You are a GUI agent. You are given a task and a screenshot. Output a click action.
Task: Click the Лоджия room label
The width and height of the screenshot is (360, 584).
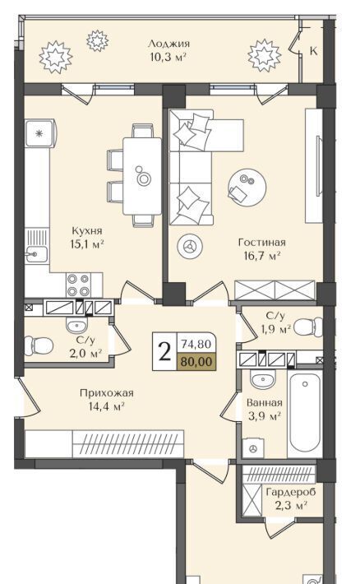pyautogui.click(x=168, y=44)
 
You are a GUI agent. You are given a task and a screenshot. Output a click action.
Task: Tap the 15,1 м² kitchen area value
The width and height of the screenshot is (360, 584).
pyautogui.click(x=87, y=244)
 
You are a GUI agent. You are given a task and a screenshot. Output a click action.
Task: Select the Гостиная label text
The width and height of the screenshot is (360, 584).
pyautogui.click(x=262, y=243)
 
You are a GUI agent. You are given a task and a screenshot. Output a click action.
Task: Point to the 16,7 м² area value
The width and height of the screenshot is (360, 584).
pyautogui.click(x=262, y=256)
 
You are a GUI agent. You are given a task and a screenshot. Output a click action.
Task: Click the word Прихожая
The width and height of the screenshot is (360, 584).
pyautogui.click(x=107, y=393)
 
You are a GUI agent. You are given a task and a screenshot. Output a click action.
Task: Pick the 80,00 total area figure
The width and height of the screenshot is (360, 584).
pyautogui.click(x=196, y=361)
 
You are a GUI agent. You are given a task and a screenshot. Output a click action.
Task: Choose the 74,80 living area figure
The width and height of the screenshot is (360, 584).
pyautogui.click(x=196, y=344)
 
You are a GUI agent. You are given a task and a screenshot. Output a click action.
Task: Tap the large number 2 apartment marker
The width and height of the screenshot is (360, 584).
pyautogui.click(x=164, y=351)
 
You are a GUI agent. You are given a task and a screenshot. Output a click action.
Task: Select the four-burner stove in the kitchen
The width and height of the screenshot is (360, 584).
pyautogui.click(x=79, y=285)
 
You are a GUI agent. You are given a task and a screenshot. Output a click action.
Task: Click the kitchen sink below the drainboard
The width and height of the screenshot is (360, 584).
pyautogui.click(x=36, y=254)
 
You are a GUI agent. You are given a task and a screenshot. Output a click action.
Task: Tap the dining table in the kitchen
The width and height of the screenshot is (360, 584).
pyautogui.click(x=142, y=176)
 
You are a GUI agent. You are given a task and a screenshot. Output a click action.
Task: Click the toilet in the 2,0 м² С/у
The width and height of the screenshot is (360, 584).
pyautogui.click(x=39, y=346)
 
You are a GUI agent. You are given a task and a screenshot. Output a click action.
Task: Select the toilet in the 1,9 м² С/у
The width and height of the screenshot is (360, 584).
pyautogui.click(x=308, y=327)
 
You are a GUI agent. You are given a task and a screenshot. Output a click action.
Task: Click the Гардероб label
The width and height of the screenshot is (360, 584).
pyautogui.click(x=291, y=493)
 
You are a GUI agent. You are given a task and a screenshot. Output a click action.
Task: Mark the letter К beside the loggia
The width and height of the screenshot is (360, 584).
pyautogui.click(x=313, y=51)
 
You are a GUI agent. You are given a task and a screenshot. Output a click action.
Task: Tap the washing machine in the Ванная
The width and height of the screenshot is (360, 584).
pyautogui.click(x=253, y=448)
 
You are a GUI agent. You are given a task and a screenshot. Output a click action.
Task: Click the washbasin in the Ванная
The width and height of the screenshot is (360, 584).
pyautogui.click(x=263, y=380)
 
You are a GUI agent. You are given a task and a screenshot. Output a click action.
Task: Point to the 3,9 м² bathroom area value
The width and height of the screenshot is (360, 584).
pyautogui.click(x=265, y=415)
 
